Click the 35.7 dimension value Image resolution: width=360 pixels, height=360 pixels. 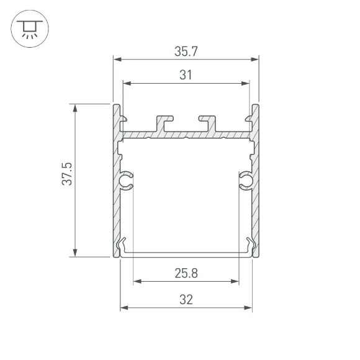click(x=186, y=51)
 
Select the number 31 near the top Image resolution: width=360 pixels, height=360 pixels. click(x=186, y=75)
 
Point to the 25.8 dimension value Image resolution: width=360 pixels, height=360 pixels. click(x=186, y=273)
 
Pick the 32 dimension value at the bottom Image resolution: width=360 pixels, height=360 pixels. click(x=186, y=299)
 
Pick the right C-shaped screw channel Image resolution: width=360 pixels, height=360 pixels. click(x=245, y=180)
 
